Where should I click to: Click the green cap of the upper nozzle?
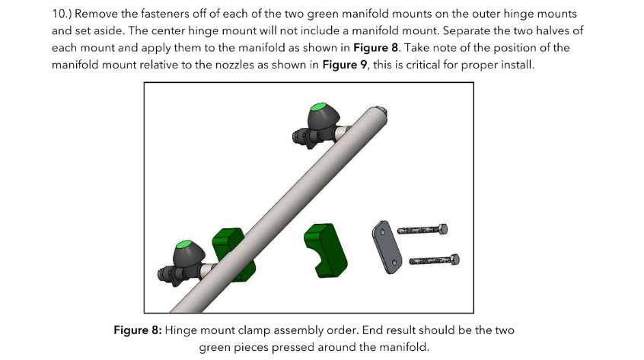(x=318, y=107)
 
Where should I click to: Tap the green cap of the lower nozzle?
(x=183, y=244)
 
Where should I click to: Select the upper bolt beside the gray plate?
(x=422, y=229)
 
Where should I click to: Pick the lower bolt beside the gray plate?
(x=434, y=260)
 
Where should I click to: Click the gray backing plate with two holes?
(x=387, y=247)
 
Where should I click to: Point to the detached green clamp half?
(x=325, y=250)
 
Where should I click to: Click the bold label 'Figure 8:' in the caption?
(x=138, y=330)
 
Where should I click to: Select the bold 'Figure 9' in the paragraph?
(x=345, y=65)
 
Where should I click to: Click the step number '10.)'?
(x=62, y=14)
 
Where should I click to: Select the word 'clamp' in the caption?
(x=254, y=331)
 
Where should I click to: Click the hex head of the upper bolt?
(x=443, y=229)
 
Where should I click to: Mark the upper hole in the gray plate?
(x=382, y=232)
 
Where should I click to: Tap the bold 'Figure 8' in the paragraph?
(x=375, y=48)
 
